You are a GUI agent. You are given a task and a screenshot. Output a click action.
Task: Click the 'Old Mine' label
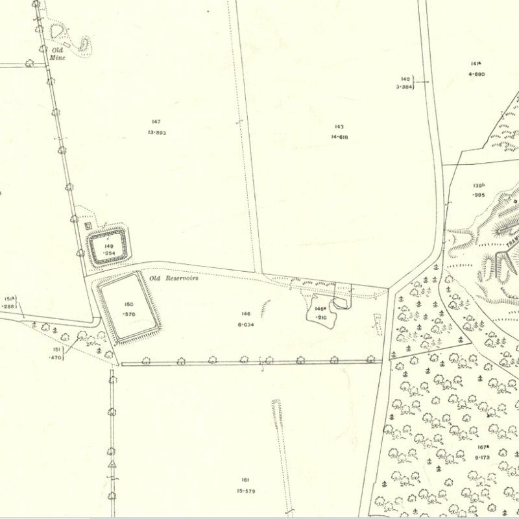tap(58, 53)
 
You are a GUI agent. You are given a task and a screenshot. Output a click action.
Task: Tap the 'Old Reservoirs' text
tap(173, 278)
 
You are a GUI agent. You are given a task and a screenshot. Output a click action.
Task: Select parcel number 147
tap(156, 122)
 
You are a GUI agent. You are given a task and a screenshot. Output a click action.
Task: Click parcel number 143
tap(339, 127)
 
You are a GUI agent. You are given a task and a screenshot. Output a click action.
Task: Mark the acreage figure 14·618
tap(339, 137)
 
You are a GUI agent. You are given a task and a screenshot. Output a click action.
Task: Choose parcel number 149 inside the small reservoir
tap(108, 247)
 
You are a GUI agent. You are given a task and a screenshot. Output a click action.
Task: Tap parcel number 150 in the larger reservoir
tap(128, 304)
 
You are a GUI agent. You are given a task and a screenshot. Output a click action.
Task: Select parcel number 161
tap(245, 480)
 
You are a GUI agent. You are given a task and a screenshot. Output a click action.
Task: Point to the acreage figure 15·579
tap(245, 491)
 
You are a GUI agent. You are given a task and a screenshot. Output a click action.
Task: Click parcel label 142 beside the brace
tap(405, 78)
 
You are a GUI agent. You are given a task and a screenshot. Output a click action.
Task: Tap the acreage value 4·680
tap(476, 74)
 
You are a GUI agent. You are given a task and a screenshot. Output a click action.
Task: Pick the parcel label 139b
tap(479, 186)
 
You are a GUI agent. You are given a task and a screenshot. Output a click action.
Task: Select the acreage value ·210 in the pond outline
tap(320, 317)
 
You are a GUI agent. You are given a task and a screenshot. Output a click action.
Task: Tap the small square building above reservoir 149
tap(87, 224)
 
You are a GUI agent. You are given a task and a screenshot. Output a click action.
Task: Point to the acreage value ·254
tap(108, 254)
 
